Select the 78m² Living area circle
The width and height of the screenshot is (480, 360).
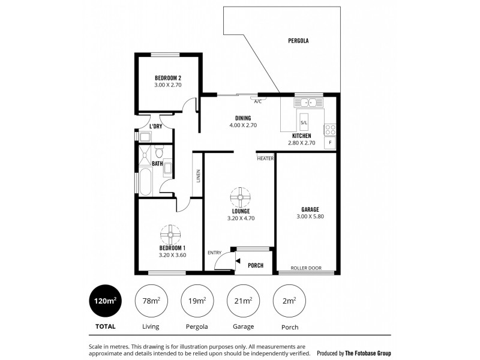click(151, 301)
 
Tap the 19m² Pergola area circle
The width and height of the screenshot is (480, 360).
click(197, 301)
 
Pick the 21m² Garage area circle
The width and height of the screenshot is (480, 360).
click(243, 301)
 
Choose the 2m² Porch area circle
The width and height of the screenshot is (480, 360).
click(289, 301)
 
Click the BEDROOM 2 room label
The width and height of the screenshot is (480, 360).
click(167, 78)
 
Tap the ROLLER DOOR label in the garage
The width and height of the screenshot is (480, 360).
click(307, 268)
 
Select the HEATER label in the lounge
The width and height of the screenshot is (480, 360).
click(265, 158)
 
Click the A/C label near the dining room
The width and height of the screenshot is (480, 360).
click(258, 101)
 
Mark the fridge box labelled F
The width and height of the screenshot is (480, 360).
click(329, 143)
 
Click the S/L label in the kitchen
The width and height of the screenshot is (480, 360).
click(304, 122)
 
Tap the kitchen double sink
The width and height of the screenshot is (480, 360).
click(309, 102)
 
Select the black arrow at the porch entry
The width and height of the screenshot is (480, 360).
click(238, 262)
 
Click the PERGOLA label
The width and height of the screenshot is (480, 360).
click(298, 41)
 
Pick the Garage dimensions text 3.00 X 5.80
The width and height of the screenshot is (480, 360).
click(310, 216)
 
